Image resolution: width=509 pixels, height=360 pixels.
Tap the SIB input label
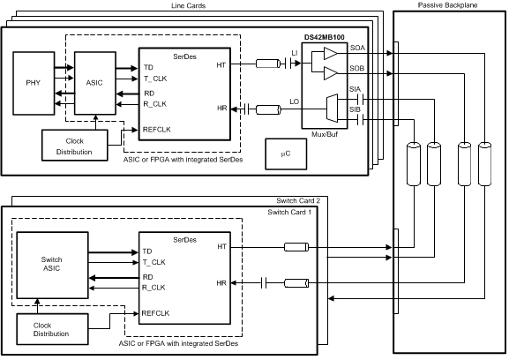356,110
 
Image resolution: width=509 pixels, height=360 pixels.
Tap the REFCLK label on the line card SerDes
157,130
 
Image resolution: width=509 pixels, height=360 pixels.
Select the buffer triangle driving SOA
331,55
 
